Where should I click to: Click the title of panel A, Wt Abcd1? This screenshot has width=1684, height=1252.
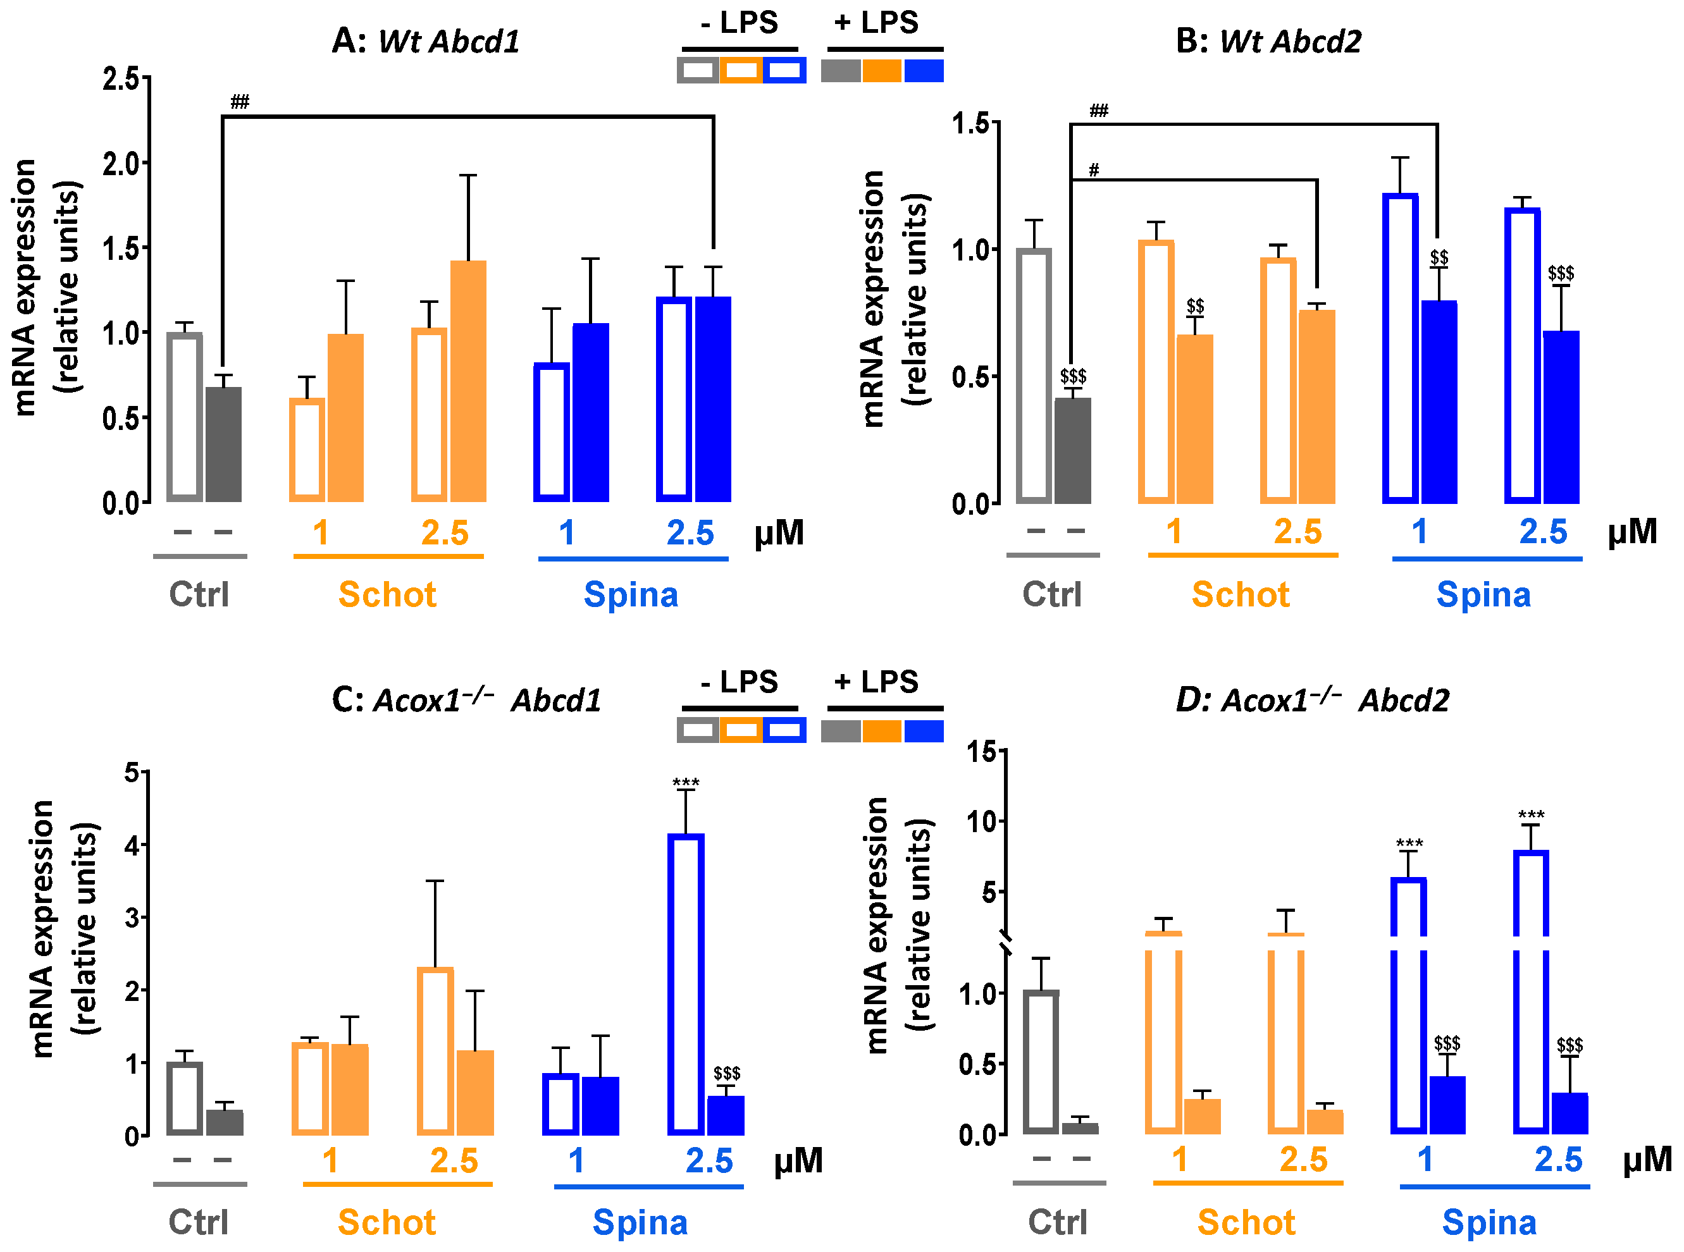(426, 41)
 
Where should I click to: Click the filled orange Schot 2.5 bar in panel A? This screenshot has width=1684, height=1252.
(469, 381)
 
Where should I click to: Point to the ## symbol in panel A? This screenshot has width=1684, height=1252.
(240, 102)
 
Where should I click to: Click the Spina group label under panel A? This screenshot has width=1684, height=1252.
(631, 594)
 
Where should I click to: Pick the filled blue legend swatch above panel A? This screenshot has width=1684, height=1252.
(924, 70)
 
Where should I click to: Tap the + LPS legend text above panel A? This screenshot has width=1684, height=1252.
(877, 22)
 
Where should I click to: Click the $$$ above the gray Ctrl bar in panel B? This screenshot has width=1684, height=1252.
(1073, 376)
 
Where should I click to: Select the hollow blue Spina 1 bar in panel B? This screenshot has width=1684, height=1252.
(1401, 348)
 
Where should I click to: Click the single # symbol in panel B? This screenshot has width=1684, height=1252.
(1093, 169)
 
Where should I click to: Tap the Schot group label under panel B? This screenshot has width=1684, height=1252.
(1241, 594)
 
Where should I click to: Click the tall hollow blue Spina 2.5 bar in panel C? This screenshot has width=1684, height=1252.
(686, 985)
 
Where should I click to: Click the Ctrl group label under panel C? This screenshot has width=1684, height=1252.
(199, 1222)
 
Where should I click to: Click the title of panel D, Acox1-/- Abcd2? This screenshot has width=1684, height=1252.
(1312, 699)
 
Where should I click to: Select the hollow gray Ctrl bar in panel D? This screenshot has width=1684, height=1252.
(1041, 1062)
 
